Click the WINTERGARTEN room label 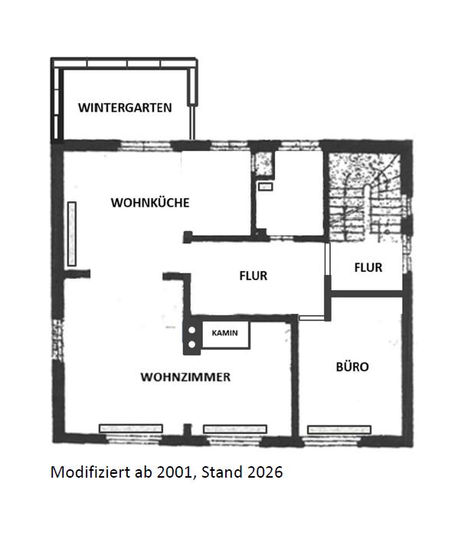(x=125, y=108)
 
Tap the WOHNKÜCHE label (x=150, y=203)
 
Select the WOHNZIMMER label (x=185, y=377)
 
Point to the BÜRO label (x=352, y=367)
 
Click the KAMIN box (x=226, y=335)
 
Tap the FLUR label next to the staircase (x=368, y=268)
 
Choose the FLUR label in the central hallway (x=253, y=276)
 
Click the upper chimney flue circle (x=192, y=330)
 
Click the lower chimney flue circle (x=192, y=344)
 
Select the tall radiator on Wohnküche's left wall (x=72, y=234)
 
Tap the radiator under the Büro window (x=339, y=429)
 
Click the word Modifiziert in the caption (x=90, y=472)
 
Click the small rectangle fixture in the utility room (x=265, y=187)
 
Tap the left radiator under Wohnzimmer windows (x=131, y=428)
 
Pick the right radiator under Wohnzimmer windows (x=235, y=429)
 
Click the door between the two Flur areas (x=328, y=259)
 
